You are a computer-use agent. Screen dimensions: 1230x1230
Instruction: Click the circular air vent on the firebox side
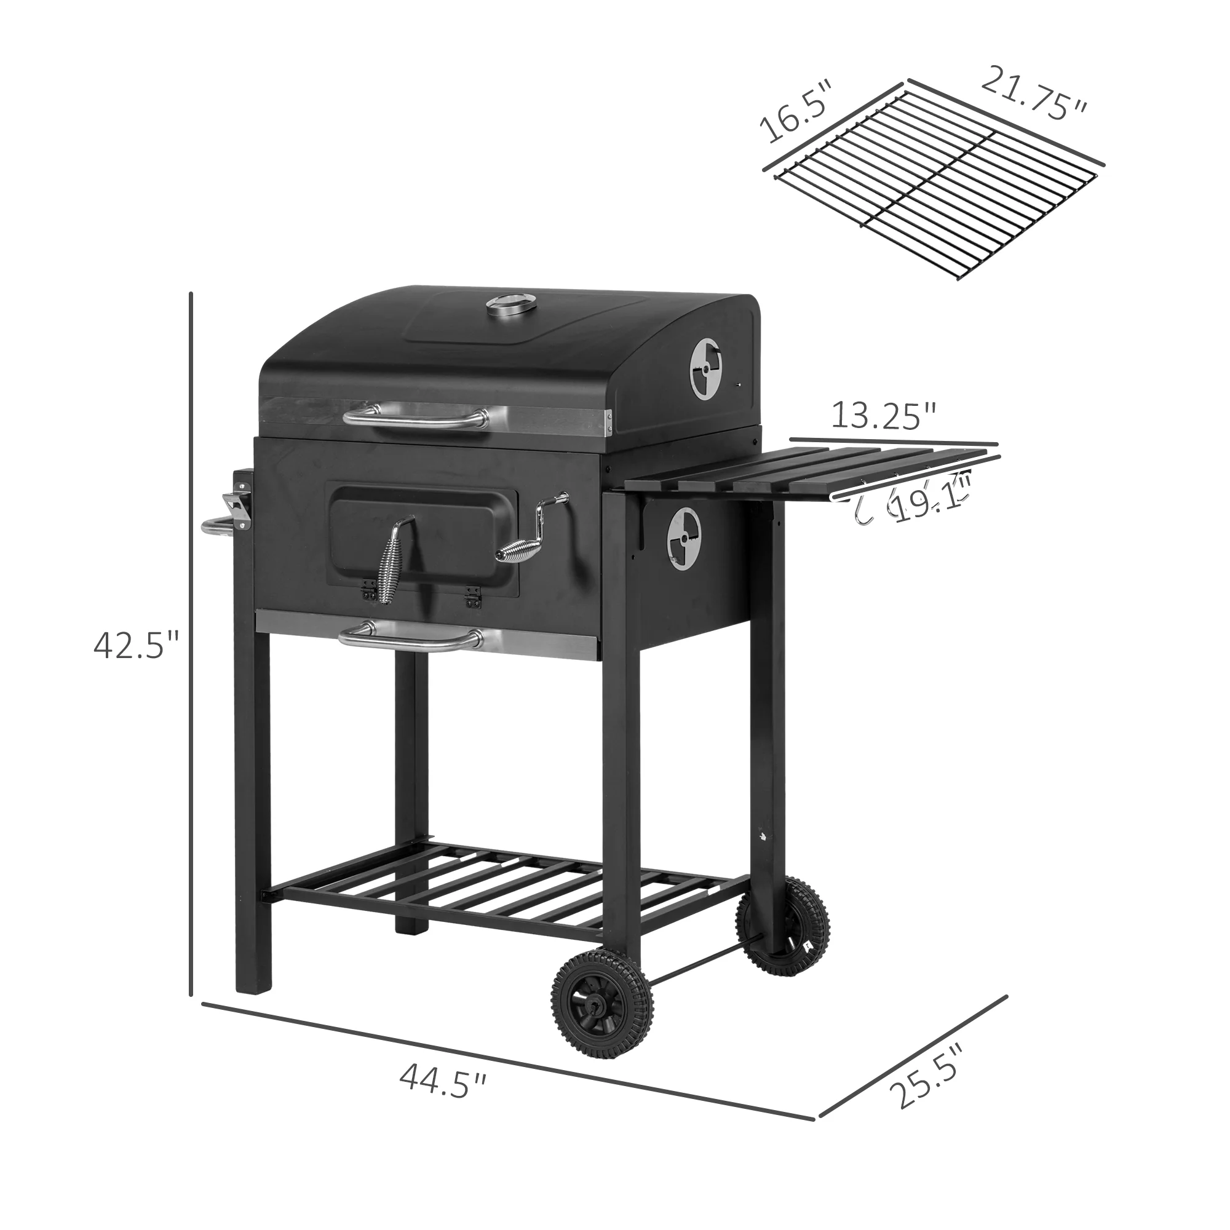(x=684, y=539)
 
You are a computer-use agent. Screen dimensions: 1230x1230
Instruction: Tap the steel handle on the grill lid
(x=415, y=418)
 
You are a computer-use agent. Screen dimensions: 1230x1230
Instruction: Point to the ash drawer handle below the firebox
(x=411, y=638)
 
